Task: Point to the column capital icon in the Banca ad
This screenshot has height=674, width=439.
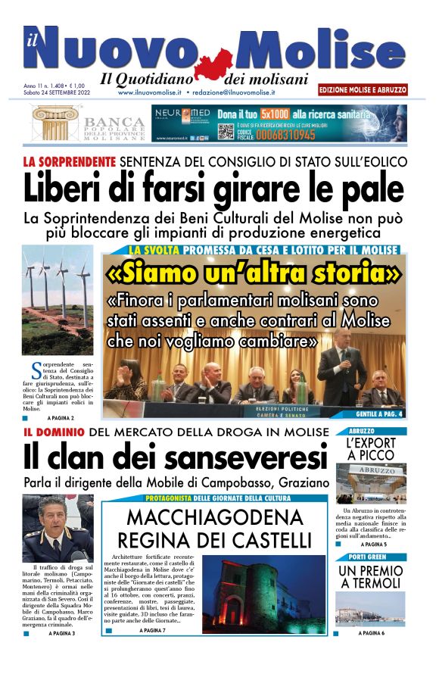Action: [55, 123]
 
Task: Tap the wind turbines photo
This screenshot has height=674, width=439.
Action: [58, 300]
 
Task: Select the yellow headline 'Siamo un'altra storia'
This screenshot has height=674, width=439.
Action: [254, 271]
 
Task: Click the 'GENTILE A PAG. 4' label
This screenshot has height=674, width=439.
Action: [379, 414]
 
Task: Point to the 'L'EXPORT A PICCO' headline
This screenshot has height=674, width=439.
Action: [370, 448]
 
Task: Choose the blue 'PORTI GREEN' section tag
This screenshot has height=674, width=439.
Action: [370, 558]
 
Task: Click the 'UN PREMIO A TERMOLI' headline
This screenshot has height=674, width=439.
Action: [370, 577]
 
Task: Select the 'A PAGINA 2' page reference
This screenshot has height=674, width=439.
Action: [61, 418]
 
